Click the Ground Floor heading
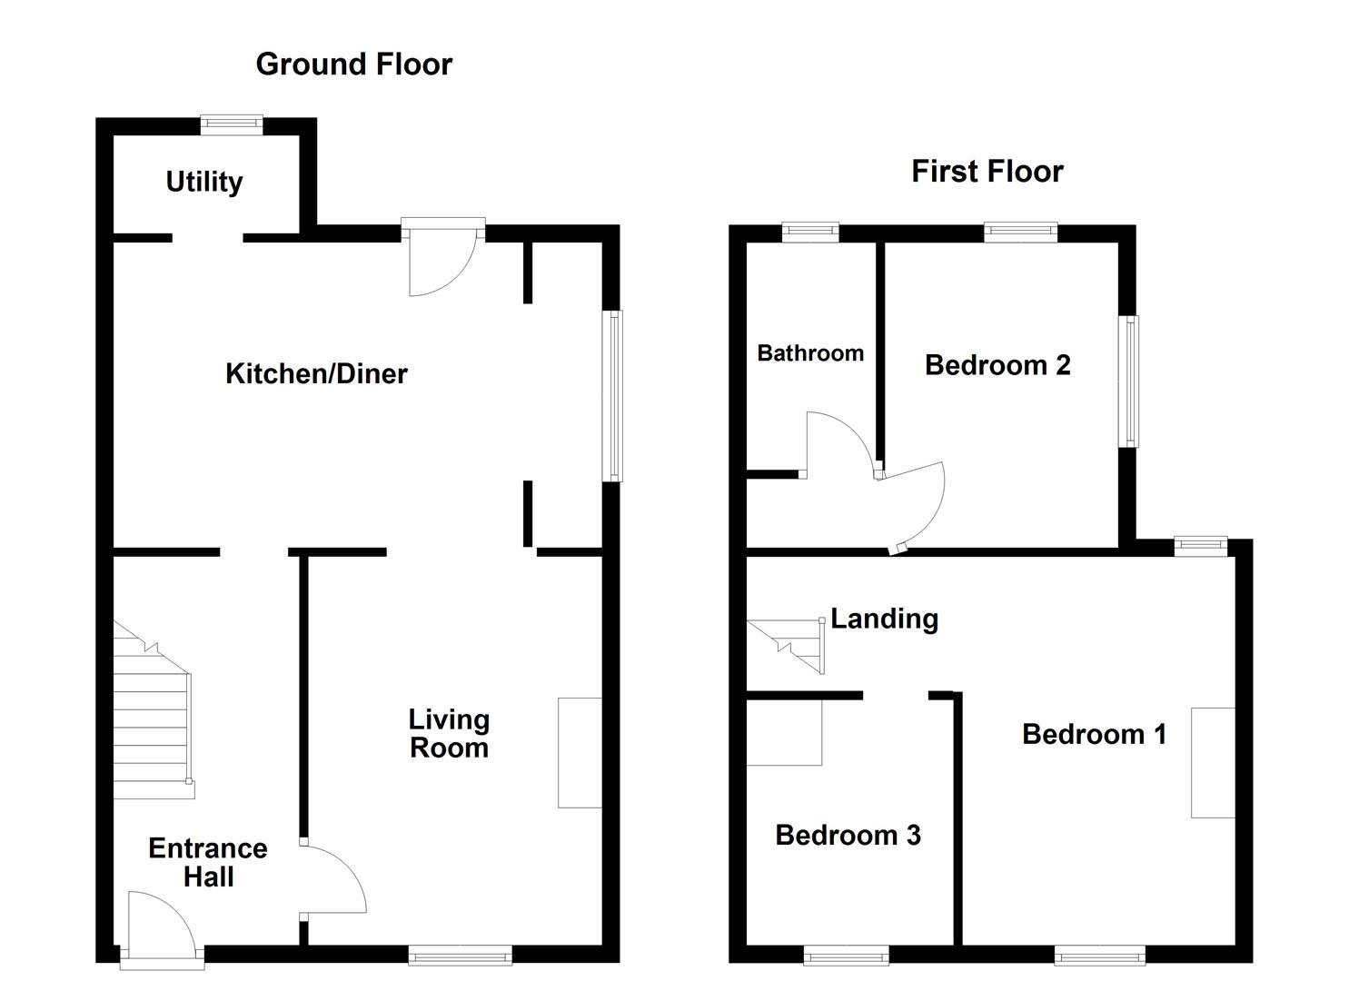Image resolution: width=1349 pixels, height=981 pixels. point(353,64)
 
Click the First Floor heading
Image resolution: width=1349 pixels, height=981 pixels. point(987,172)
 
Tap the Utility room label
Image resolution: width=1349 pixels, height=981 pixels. point(204,182)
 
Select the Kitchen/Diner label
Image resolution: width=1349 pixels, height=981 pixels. point(316,373)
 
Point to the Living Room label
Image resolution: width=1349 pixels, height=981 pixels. point(449,734)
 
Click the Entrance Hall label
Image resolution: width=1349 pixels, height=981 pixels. point(208,862)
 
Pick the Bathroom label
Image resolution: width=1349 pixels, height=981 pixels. point(810,353)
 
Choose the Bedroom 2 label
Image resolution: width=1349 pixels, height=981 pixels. point(997,365)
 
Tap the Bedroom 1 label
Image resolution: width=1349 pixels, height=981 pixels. point(1094,734)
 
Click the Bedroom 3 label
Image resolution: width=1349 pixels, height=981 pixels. point(848,835)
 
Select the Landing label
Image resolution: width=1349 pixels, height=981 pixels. point(884,619)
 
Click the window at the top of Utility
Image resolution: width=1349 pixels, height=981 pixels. point(232,125)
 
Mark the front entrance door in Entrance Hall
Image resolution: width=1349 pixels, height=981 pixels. point(163,926)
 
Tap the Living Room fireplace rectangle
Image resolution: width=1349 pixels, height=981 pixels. point(580,752)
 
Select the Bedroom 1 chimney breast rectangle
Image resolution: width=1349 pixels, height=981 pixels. point(1213,763)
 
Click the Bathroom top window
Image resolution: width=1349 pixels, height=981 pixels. point(810,233)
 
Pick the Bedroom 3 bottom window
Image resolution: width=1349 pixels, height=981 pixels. point(846,955)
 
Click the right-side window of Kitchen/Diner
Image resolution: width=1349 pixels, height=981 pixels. point(614,396)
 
